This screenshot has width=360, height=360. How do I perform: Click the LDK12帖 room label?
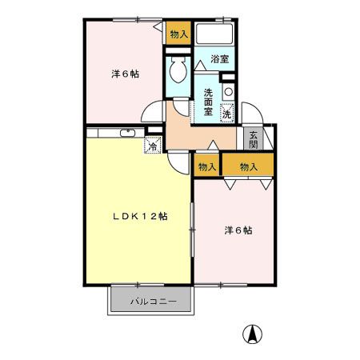click(x=138, y=216)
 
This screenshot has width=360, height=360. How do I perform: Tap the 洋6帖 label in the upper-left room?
click(x=125, y=74)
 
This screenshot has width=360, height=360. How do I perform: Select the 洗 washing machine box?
click(x=227, y=114)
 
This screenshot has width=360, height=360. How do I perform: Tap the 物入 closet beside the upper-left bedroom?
click(x=178, y=34)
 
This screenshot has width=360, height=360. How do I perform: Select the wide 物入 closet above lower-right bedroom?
click(x=249, y=166)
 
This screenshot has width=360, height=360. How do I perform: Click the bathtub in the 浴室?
click(x=214, y=34)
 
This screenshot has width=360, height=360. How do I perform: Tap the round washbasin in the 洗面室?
click(x=229, y=91)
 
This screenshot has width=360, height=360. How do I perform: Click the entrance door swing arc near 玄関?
click(x=250, y=116)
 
